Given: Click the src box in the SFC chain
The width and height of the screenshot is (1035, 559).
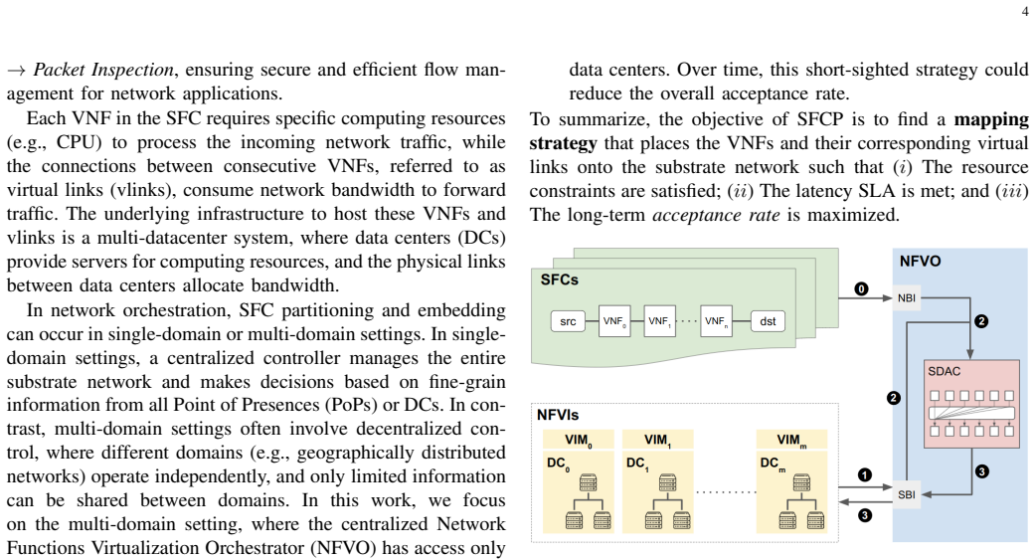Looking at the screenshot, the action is point(568,321).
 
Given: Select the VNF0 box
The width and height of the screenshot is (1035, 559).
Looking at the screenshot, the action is point(614,321).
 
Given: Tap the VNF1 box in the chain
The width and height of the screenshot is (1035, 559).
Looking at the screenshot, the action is point(659,321).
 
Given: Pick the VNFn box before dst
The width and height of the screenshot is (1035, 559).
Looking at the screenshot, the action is point(716,321).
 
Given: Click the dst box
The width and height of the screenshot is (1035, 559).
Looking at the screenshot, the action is point(768,321).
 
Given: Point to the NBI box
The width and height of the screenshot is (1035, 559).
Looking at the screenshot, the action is point(907,298).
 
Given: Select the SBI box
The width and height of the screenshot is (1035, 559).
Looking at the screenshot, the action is point(907,494).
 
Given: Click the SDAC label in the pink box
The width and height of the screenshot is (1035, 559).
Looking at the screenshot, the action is point(944,372).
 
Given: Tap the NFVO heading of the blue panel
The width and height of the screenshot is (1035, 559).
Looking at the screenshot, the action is point(920,262).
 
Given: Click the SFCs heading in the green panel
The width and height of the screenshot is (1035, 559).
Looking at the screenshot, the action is point(559,279).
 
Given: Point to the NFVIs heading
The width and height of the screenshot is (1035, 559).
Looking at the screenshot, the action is point(558,415).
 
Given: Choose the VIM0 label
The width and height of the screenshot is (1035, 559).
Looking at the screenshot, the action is point(579,441).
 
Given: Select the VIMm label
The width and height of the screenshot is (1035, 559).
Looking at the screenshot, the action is point(791,441).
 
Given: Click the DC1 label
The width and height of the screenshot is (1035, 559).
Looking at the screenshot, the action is point(637,464).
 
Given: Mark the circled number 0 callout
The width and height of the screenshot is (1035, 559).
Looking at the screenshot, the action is point(861,289).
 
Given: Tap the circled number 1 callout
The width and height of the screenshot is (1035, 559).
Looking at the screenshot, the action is point(865,474).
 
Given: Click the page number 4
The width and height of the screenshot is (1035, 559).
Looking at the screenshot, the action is point(1024,12).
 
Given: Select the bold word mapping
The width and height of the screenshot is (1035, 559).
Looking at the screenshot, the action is point(991,120).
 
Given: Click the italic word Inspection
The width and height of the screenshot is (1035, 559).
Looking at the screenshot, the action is point(132,70).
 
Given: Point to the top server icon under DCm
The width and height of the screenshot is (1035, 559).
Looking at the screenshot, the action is point(801,482).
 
